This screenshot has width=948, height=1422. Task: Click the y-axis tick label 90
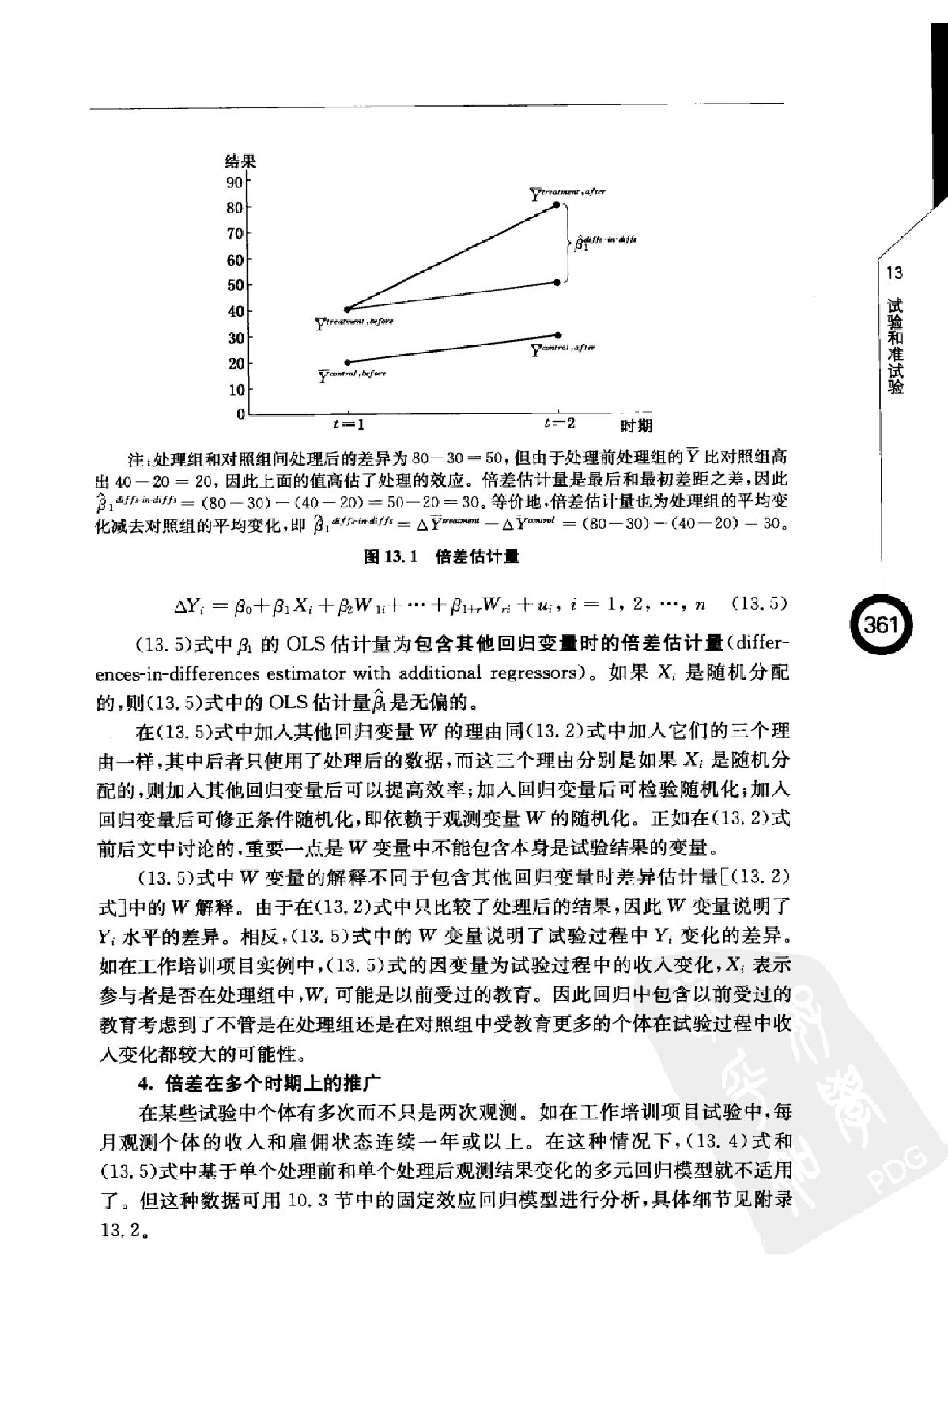click(235, 183)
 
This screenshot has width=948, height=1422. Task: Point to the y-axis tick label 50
click(235, 285)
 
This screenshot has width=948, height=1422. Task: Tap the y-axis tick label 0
click(240, 413)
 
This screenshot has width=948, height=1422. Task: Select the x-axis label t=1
click(349, 424)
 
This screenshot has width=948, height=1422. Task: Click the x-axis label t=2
click(559, 423)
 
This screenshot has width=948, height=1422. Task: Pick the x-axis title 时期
click(636, 425)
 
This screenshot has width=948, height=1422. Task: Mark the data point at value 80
click(557, 205)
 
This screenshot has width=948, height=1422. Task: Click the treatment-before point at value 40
click(348, 309)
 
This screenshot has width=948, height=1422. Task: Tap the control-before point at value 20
click(348, 362)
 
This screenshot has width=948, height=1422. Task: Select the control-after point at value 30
click(558, 335)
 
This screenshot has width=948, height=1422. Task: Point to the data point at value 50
click(558, 282)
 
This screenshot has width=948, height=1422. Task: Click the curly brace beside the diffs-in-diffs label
click(566, 243)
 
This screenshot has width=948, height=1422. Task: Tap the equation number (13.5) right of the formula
click(758, 605)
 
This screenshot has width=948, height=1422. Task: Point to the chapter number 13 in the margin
click(895, 274)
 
